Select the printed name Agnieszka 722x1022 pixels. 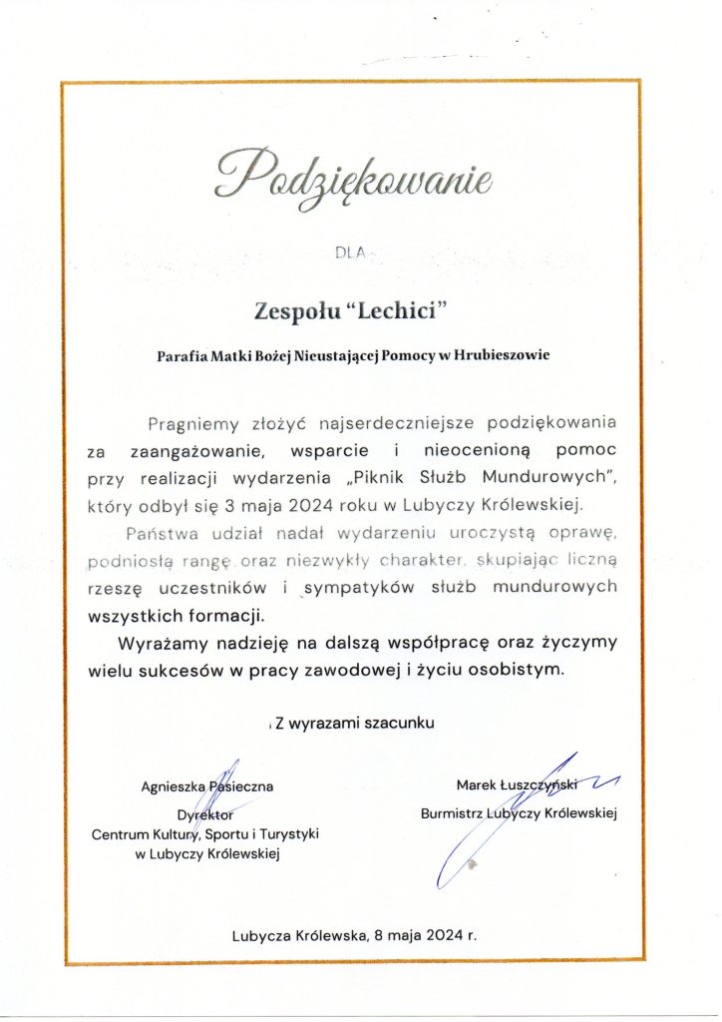tap(177, 786)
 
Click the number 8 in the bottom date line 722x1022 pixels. tap(378, 936)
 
